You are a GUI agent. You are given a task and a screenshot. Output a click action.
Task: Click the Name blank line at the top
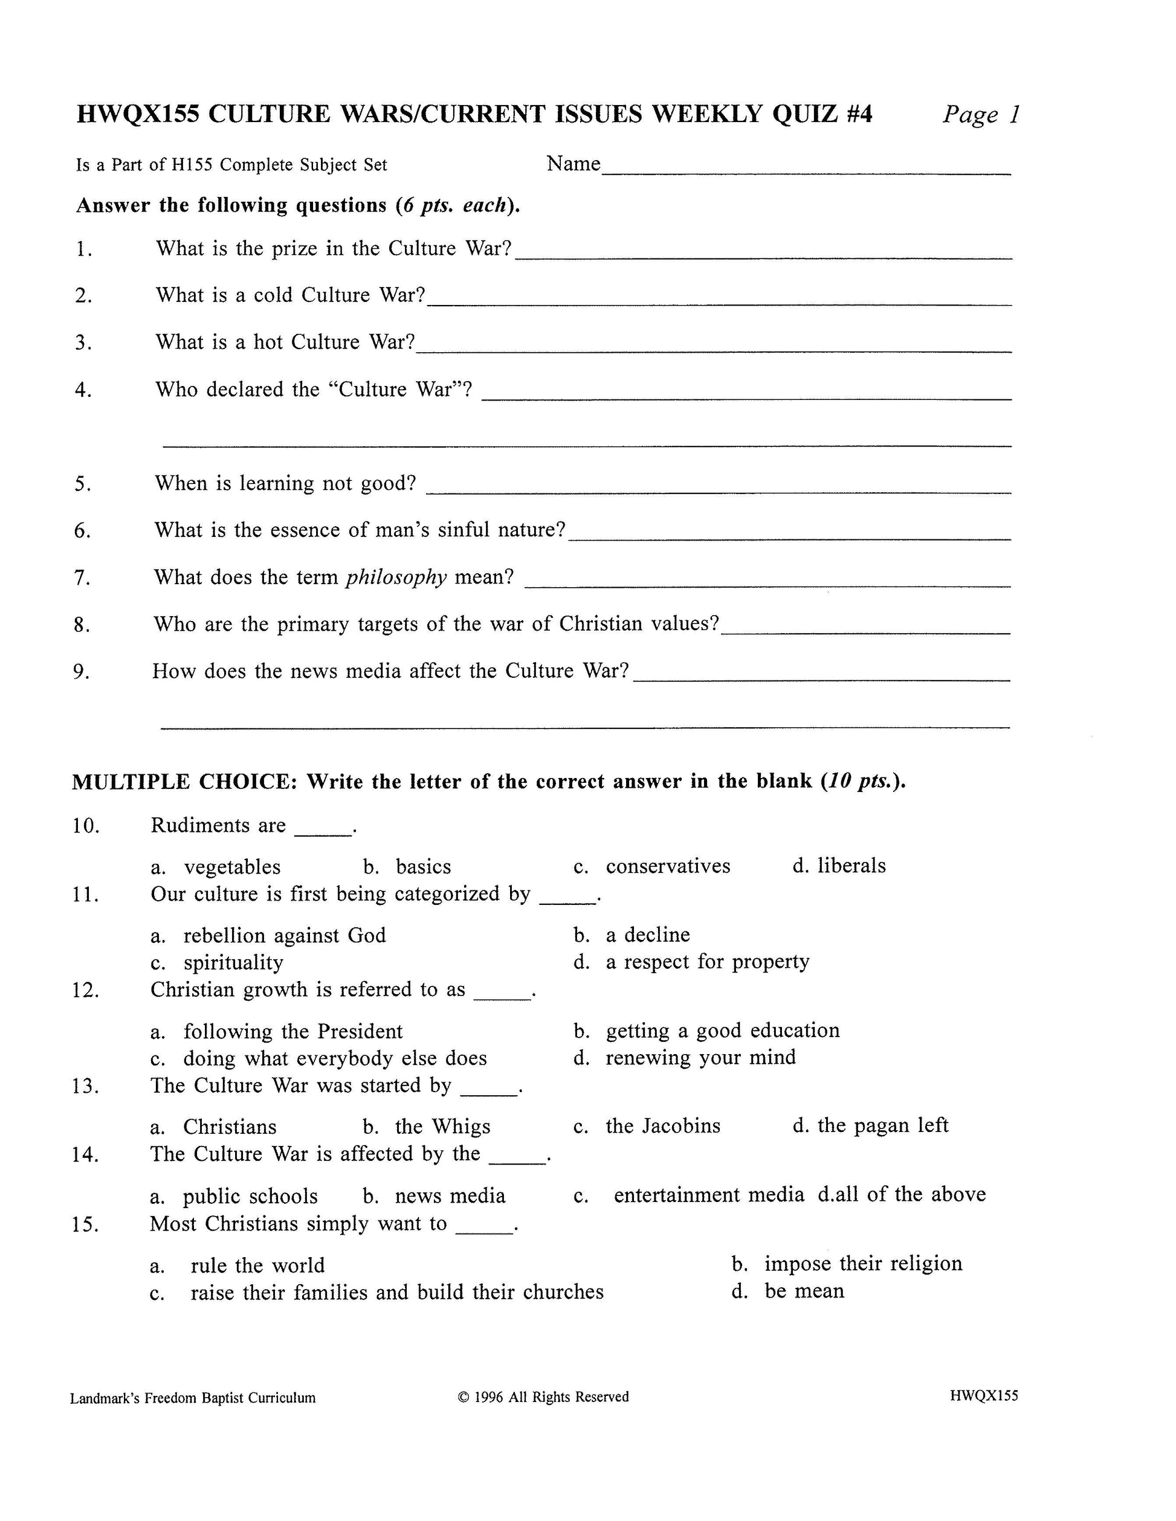[x=806, y=172]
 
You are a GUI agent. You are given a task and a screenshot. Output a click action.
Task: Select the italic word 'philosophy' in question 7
[x=396, y=577]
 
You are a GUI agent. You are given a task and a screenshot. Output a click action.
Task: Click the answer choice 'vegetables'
[x=232, y=867]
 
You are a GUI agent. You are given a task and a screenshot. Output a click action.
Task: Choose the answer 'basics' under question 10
[x=424, y=867]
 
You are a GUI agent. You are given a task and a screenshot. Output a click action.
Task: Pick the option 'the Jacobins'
[x=662, y=1126]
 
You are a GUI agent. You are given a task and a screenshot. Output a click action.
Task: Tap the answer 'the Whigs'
[x=442, y=1127]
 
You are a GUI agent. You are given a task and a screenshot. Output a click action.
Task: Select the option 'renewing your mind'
[x=700, y=1058]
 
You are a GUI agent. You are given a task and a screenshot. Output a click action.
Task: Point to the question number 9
[x=82, y=672]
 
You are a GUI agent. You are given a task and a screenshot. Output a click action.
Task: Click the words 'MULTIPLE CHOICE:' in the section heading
[x=185, y=782]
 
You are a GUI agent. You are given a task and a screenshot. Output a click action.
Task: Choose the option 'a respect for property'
[x=707, y=962]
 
